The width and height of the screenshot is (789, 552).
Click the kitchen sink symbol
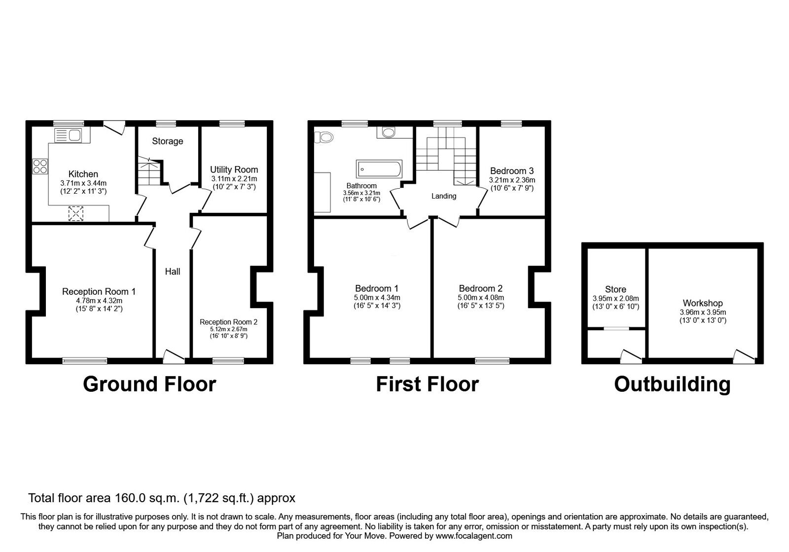[69, 135]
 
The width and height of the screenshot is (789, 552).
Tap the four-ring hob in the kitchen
[40, 167]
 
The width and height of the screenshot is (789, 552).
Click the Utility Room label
[234, 169]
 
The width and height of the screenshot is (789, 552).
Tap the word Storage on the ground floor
[167, 141]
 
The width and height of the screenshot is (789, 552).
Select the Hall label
[173, 272]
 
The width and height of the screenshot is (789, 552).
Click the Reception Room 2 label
[229, 322]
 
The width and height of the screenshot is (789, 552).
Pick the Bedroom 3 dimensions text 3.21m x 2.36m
[512, 180]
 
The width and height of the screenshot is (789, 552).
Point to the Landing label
[444, 196]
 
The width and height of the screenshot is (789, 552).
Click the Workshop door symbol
[744, 356]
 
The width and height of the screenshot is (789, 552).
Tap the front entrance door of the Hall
[173, 356]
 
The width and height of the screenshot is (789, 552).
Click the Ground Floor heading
[149, 384]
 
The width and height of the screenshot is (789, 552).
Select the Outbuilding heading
[672, 384]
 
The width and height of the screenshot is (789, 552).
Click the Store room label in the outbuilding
[615, 290]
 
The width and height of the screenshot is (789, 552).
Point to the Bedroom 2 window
[492, 361]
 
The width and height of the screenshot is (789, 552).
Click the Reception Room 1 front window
[85, 361]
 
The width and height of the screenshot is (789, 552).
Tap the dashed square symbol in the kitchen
[75, 214]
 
